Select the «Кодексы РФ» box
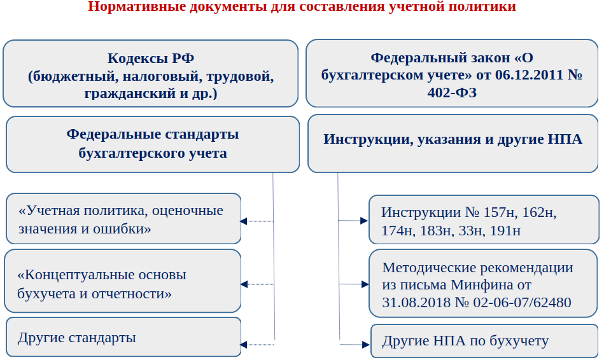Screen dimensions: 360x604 150,73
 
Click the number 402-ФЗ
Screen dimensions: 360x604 452,93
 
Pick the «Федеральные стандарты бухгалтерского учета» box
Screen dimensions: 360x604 153,144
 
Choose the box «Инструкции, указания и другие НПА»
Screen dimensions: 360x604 453,144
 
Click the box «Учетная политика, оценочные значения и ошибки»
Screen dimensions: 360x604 123,219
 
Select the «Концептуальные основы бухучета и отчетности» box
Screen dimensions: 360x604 123,284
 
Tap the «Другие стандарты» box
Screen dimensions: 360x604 123,337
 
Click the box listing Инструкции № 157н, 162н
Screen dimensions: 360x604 483,220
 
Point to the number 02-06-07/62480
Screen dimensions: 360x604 522,302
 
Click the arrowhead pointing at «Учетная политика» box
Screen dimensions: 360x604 243,221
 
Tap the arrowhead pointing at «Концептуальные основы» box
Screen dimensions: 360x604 243,284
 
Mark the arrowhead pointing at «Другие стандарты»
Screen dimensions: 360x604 243,345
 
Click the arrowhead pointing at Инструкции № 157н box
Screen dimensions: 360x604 364,221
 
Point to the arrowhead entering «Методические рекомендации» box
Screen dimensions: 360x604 364,284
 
